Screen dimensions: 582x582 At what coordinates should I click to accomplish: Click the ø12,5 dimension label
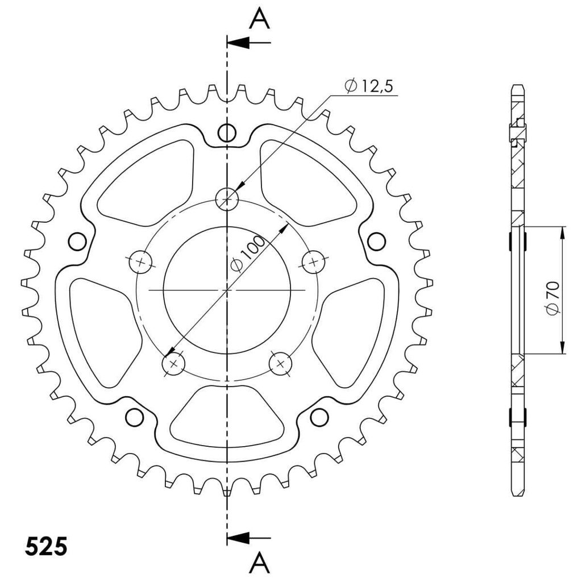click(x=368, y=86)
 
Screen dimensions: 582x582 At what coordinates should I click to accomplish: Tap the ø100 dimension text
click(x=248, y=253)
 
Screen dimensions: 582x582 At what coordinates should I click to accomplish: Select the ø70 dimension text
click(x=552, y=298)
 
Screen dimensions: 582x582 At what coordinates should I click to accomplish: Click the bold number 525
click(x=46, y=546)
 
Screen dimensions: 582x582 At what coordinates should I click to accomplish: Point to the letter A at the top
click(x=259, y=19)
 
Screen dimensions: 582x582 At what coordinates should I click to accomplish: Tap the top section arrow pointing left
click(x=249, y=43)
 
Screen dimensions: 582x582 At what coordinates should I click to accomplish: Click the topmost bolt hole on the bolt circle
click(x=227, y=199)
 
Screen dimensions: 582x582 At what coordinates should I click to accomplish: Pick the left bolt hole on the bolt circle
click(x=141, y=262)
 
